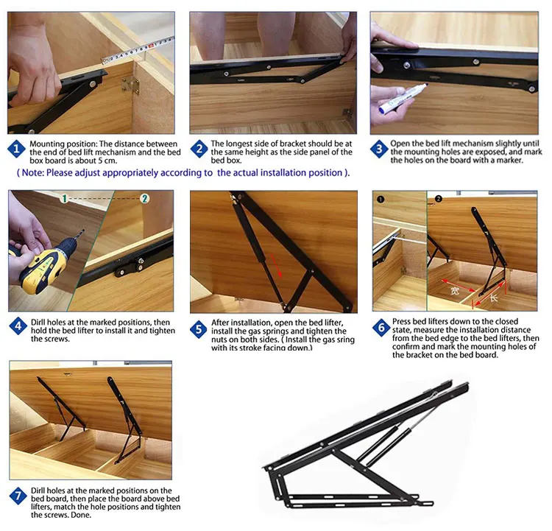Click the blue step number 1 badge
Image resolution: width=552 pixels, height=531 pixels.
pyautogui.click(x=16, y=149)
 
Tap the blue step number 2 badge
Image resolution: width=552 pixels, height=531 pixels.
pyautogui.click(x=199, y=149)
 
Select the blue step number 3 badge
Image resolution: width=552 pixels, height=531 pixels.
pyautogui.click(x=379, y=149)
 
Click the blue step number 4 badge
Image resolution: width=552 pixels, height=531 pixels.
pyautogui.click(x=18, y=326)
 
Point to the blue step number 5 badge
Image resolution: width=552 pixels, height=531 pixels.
pyautogui.click(x=199, y=329)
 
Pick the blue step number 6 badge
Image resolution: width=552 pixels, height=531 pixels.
pyautogui.click(x=381, y=328)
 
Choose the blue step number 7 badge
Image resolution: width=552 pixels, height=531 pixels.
pyautogui.click(x=18, y=496)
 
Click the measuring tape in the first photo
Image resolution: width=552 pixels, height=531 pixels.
pyautogui.click(x=138, y=50)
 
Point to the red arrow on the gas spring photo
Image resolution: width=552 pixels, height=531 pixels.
pyautogui.click(x=276, y=265)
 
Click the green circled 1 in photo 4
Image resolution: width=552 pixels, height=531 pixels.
pyautogui.click(x=65, y=199)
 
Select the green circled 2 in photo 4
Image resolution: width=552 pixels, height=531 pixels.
pyautogui.click(x=144, y=199)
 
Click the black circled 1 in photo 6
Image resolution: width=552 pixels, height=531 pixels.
pyautogui.click(x=381, y=199)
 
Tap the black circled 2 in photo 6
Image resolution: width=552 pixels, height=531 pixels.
pyautogui.click(x=439, y=199)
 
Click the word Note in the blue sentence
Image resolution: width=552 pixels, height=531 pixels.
pyautogui.click(x=32, y=172)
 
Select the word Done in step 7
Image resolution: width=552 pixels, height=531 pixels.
pyautogui.click(x=81, y=515)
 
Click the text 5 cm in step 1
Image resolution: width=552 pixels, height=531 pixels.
pyautogui.click(x=107, y=161)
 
